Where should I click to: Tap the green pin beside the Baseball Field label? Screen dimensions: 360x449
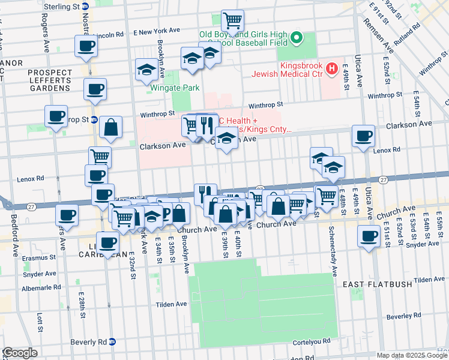pos(296,40)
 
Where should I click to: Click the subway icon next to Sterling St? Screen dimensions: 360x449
pos(85,7)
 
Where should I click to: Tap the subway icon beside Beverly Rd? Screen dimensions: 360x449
pos(112,341)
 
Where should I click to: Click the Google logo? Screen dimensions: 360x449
pos(20,353)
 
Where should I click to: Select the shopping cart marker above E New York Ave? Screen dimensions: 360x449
pos(232,21)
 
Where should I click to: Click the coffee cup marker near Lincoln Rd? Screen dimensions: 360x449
pos(85,46)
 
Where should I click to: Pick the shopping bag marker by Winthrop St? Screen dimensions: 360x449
pos(111,127)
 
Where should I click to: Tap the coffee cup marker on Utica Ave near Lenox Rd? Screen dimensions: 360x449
pos(363,136)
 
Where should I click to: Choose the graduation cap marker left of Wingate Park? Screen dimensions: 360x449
pos(146,70)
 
